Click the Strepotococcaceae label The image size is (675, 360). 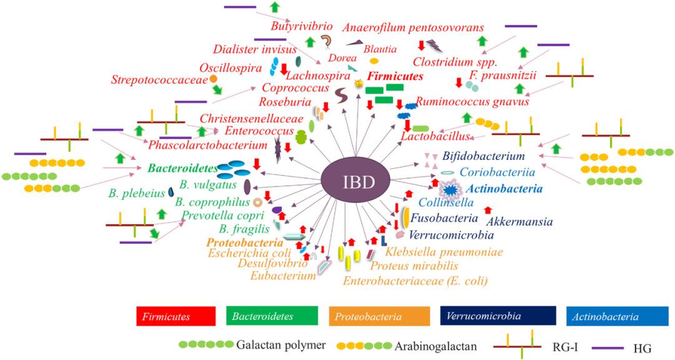pos(159,80)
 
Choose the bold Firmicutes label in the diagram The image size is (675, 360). pos(396,76)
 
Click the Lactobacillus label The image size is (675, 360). pos(437,135)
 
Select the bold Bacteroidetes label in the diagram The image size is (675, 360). pos(182,168)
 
